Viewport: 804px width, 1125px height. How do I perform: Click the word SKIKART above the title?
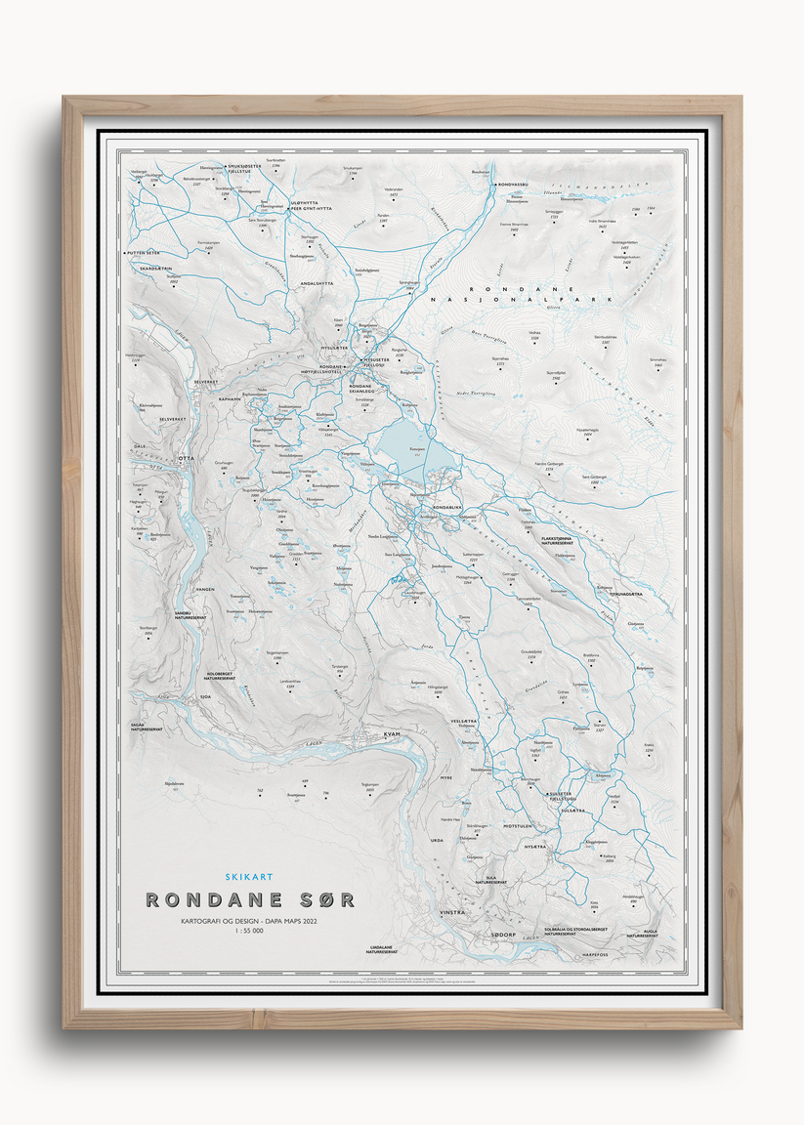click(x=248, y=877)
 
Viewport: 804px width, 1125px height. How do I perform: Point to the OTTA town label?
click(x=186, y=457)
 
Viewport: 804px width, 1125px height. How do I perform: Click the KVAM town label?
click(x=392, y=733)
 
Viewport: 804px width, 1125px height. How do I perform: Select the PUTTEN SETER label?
click(x=144, y=253)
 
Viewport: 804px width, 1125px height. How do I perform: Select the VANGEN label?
click(x=204, y=590)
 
